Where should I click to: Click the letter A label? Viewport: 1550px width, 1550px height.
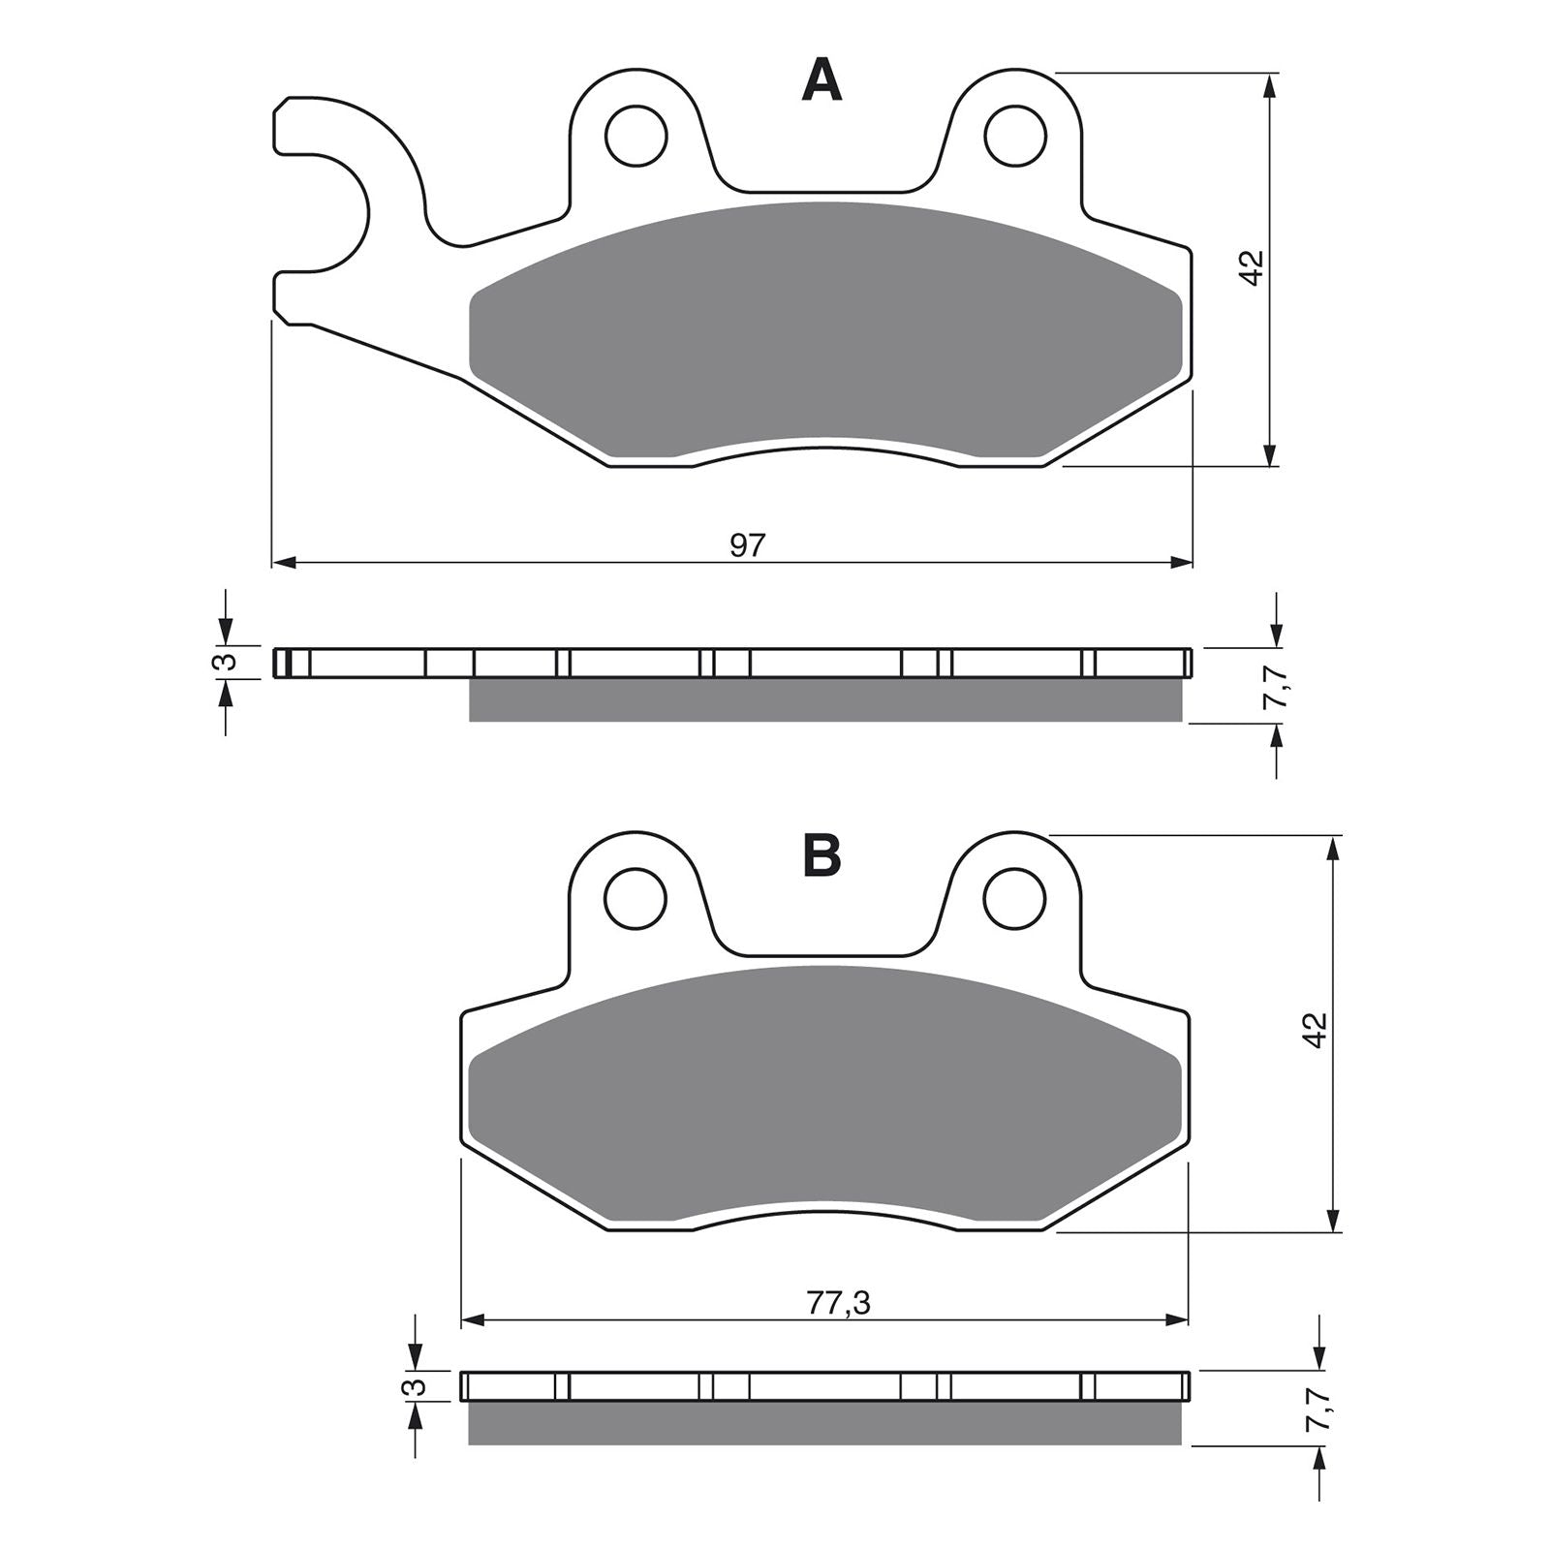click(821, 80)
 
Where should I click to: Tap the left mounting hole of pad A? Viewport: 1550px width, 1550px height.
click(636, 135)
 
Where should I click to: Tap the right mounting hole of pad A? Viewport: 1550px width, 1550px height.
click(1015, 135)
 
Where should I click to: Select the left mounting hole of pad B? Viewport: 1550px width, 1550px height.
click(636, 898)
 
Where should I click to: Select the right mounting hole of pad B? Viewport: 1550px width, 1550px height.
click(1015, 898)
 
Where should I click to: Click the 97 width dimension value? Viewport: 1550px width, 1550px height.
click(747, 546)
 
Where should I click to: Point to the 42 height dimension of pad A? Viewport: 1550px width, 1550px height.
click(1253, 267)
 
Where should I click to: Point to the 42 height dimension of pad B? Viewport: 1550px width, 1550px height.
click(1314, 1031)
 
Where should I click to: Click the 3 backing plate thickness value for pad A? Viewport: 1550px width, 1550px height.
click(224, 662)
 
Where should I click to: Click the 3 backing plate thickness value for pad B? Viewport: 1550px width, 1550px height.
click(414, 1385)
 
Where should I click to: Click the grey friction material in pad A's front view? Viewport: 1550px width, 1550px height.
click(823, 329)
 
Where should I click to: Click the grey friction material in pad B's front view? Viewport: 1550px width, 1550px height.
click(823, 1095)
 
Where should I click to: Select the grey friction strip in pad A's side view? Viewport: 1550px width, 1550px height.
click(823, 700)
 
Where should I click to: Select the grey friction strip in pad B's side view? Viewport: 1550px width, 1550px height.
click(823, 1423)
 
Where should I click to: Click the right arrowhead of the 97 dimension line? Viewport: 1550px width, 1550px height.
click(1182, 562)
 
